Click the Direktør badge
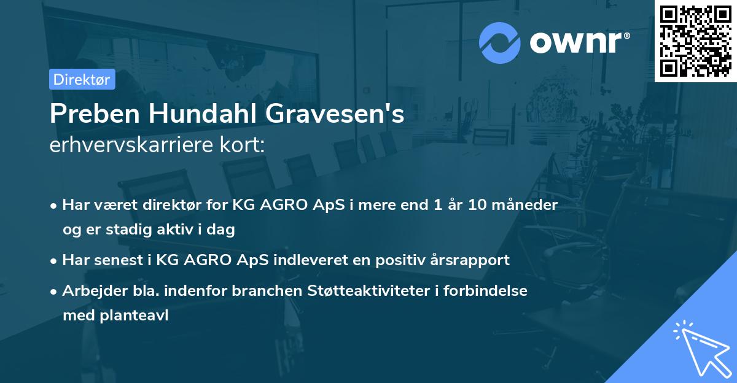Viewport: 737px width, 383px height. click(81, 79)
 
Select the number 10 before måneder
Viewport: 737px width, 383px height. click(480, 205)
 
